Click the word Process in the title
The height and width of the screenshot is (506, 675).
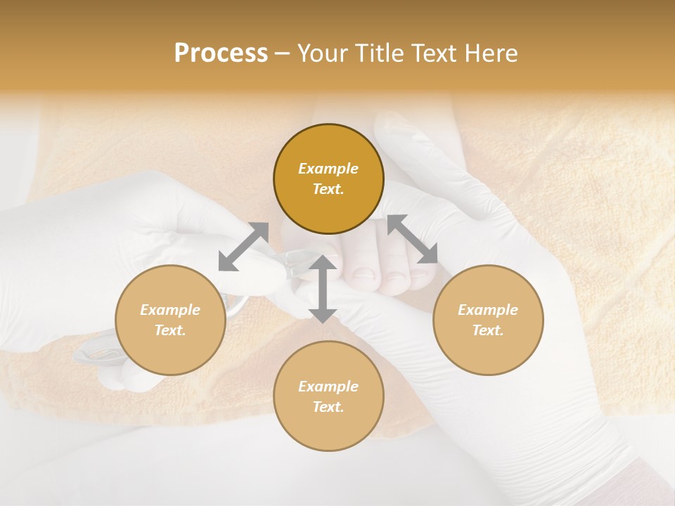pyautogui.click(x=221, y=53)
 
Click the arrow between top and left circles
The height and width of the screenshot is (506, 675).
pyautogui.click(x=243, y=247)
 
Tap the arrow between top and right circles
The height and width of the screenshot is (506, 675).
pyautogui.click(x=413, y=240)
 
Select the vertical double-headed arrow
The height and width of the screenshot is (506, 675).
pyautogui.click(x=323, y=289)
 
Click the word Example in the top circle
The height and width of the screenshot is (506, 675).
pyautogui.click(x=328, y=169)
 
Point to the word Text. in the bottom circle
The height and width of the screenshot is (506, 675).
pyautogui.click(x=328, y=407)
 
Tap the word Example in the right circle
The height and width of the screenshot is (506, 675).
pyautogui.click(x=488, y=310)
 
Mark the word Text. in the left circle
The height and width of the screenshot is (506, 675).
pyautogui.click(x=170, y=330)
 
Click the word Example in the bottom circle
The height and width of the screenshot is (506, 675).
pyautogui.click(x=328, y=387)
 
